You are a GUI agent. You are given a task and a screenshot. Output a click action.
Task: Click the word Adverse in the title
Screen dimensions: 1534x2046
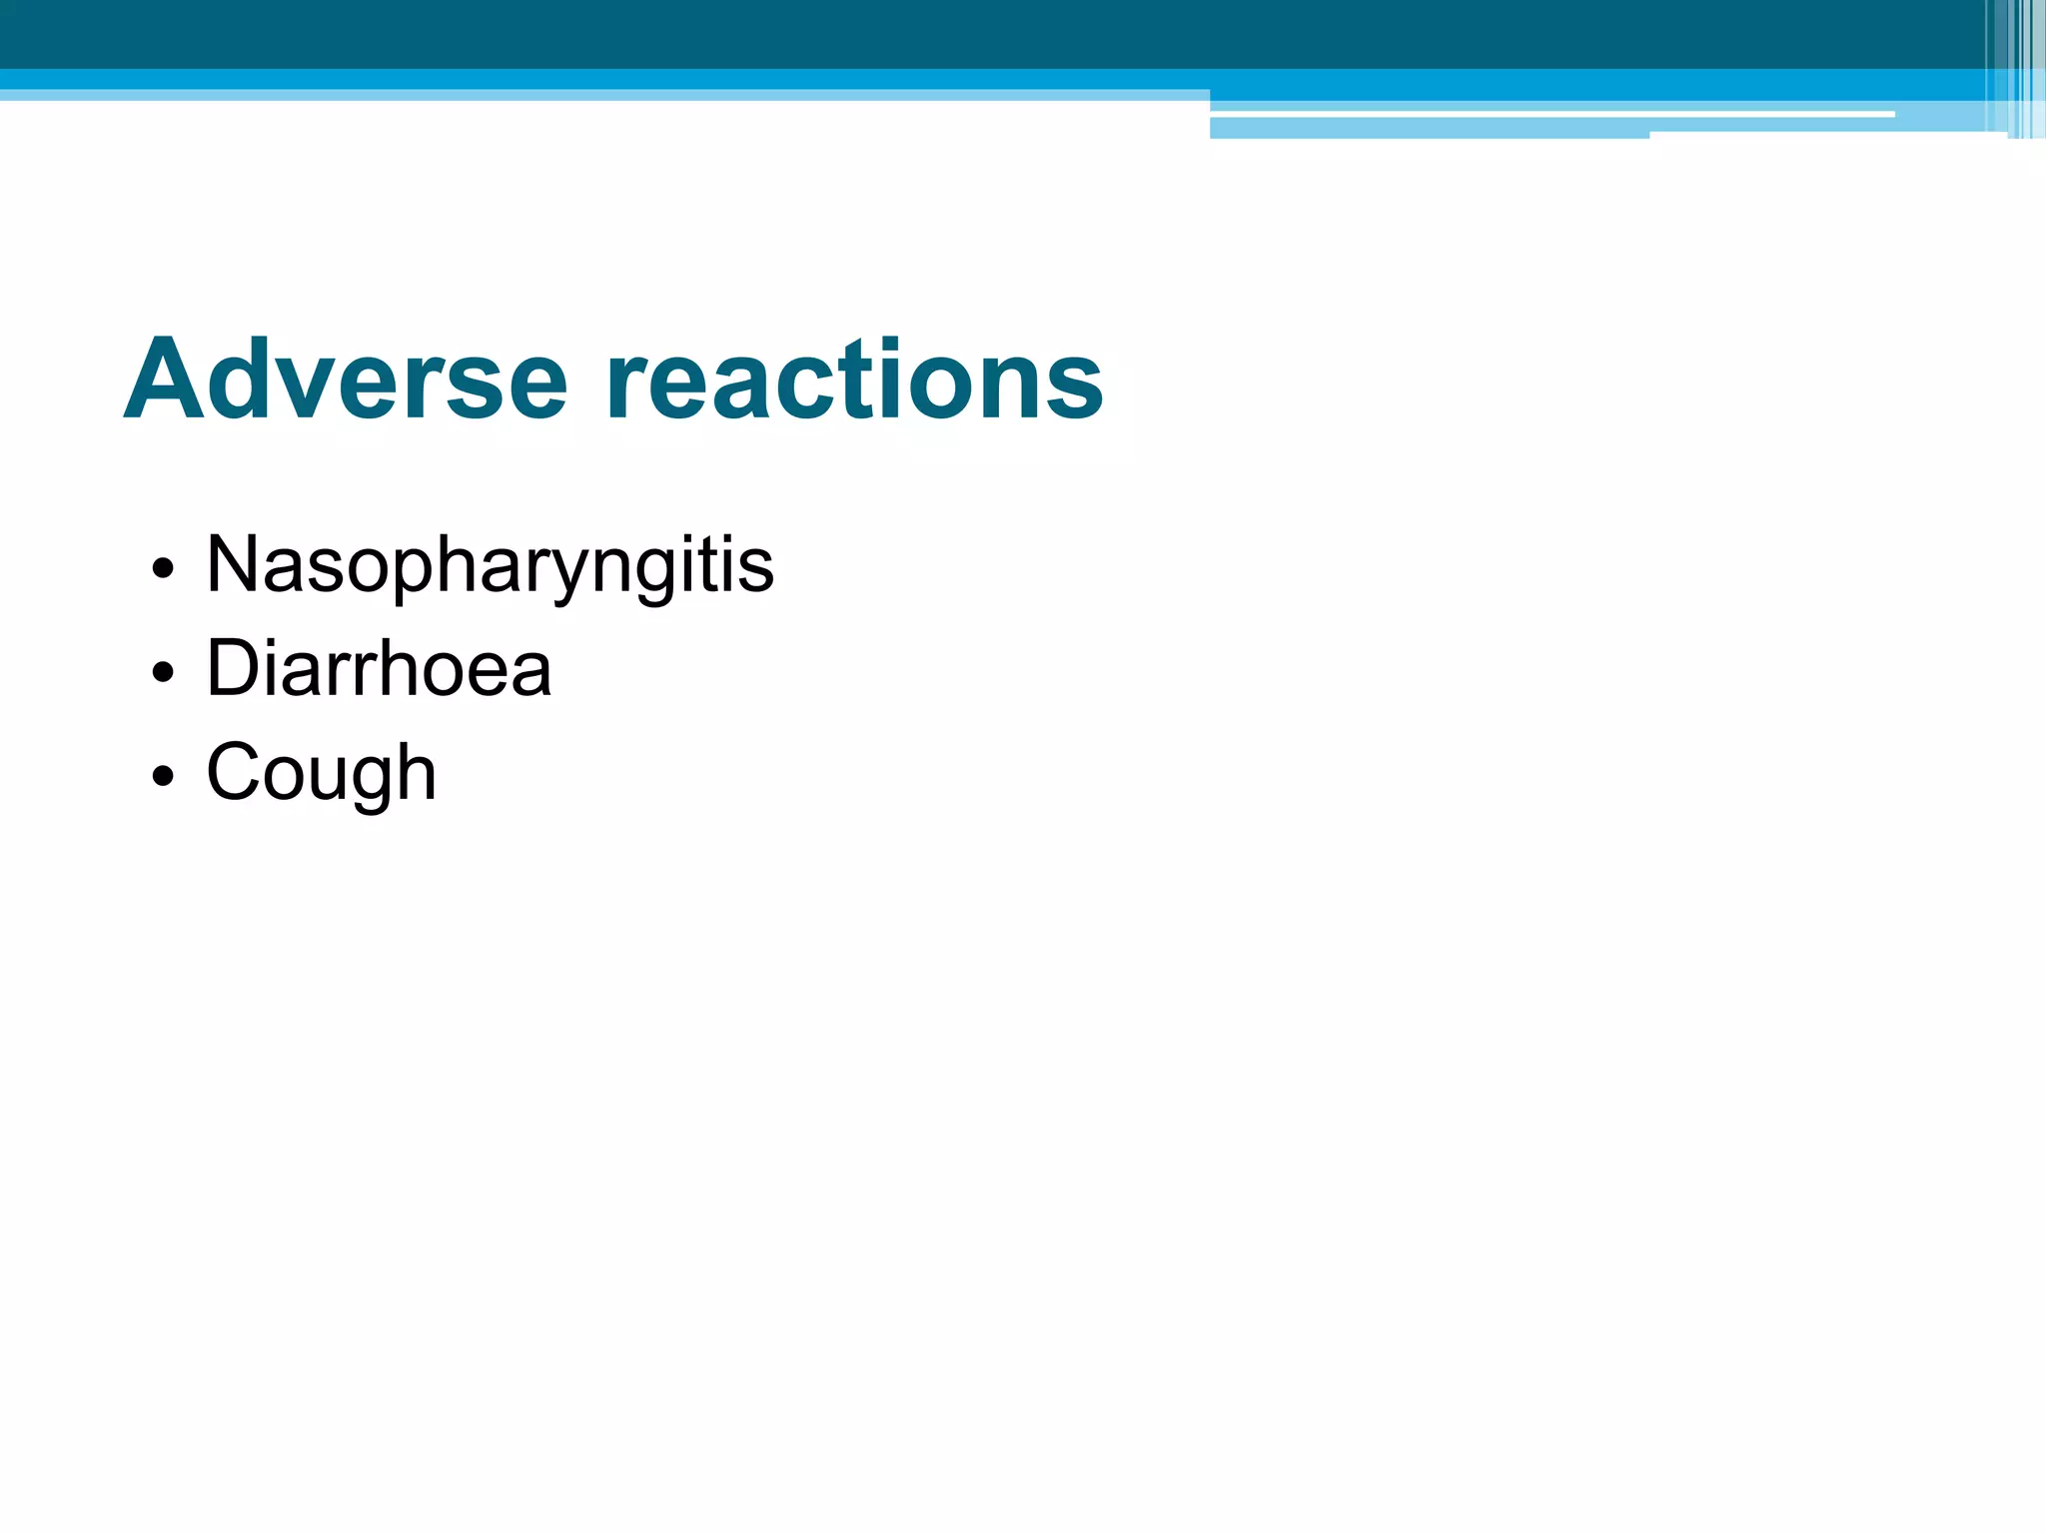pos(345,381)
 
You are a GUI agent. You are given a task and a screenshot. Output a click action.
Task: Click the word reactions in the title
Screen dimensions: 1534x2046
pos(854,381)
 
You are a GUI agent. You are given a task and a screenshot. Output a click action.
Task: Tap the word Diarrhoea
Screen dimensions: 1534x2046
pos(379,669)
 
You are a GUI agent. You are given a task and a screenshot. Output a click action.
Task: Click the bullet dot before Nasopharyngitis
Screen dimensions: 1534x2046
pos(163,570)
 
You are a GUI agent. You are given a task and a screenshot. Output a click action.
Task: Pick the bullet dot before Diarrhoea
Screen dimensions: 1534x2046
pos(163,674)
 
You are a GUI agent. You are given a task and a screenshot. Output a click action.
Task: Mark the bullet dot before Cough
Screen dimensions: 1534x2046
pos(163,777)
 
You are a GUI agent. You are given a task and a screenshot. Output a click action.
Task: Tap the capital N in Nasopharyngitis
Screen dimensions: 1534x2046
pos(232,564)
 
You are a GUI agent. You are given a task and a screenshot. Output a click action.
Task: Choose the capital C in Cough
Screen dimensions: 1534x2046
pos(235,772)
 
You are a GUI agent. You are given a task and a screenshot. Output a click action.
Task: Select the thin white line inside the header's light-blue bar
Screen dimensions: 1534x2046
pos(1548,115)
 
